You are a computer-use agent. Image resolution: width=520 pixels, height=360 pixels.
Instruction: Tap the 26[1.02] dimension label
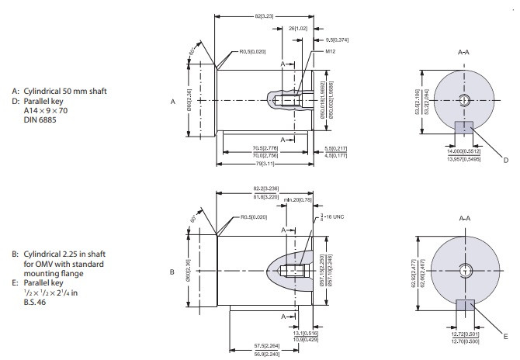[297, 27]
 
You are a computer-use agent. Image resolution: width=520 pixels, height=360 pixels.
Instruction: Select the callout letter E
[505, 336]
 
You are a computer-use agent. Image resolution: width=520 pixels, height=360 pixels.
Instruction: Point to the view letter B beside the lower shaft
[172, 272]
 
